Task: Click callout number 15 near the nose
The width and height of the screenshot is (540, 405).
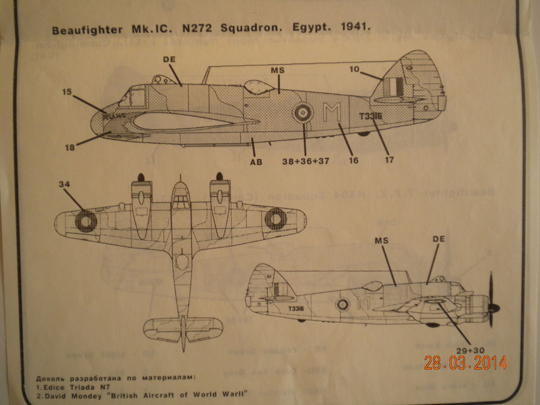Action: tap(67, 91)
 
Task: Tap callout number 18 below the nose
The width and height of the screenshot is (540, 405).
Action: tap(70, 147)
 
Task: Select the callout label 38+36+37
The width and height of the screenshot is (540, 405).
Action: tap(306, 161)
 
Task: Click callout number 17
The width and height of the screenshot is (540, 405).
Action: tap(389, 159)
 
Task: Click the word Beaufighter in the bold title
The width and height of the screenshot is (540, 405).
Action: tap(87, 30)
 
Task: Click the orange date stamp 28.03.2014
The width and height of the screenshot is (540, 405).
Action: tap(465, 363)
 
